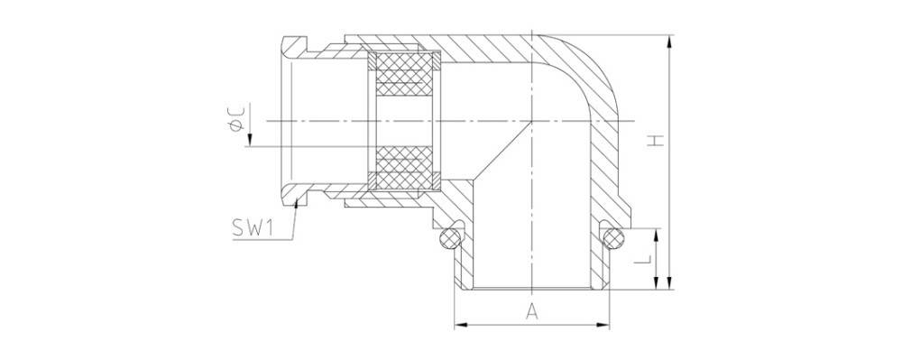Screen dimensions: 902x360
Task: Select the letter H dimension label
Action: (x=655, y=141)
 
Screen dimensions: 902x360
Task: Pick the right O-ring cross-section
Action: (x=613, y=238)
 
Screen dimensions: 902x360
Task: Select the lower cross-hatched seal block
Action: (x=404, y=168)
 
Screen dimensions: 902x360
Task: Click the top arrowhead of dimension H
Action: (x=668, y=41)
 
